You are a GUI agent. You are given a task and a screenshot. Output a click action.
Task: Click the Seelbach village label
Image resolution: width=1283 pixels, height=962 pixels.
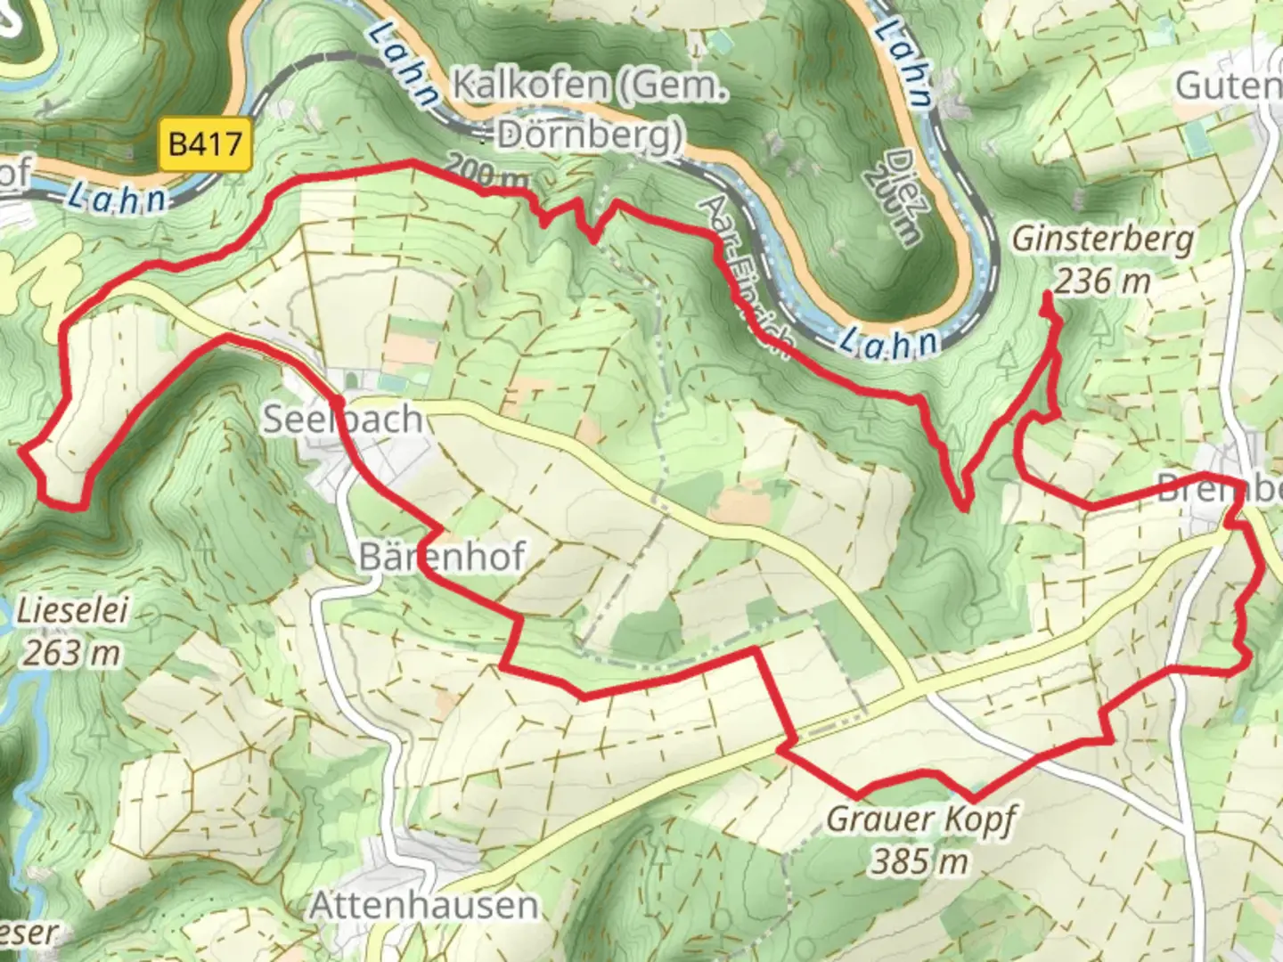pos(342,419)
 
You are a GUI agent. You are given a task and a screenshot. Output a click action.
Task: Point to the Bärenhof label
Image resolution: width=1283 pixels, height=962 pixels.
pos(442,557)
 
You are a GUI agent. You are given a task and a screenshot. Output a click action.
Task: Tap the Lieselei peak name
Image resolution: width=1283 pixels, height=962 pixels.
pos(73,611)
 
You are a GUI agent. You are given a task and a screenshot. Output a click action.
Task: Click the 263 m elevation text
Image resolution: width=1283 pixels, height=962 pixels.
pos(71,653)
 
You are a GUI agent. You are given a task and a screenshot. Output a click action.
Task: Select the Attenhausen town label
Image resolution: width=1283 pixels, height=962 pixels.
pos(423,905)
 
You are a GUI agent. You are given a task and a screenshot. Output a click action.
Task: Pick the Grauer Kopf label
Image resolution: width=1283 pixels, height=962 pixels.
pos(920,819)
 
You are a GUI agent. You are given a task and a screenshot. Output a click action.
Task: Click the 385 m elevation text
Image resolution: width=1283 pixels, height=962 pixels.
pos(919,861)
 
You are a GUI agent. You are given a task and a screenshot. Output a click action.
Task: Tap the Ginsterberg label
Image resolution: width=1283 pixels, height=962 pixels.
pos(1102,240)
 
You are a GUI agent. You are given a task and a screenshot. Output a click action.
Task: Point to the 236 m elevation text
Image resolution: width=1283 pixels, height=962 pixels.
pos(1103,281)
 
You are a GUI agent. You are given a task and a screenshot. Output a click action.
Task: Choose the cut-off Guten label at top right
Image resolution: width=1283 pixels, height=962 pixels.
pos(1229,86)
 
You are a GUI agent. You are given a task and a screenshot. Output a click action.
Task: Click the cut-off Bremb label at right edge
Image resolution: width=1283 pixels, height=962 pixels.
pos(1219,488)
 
